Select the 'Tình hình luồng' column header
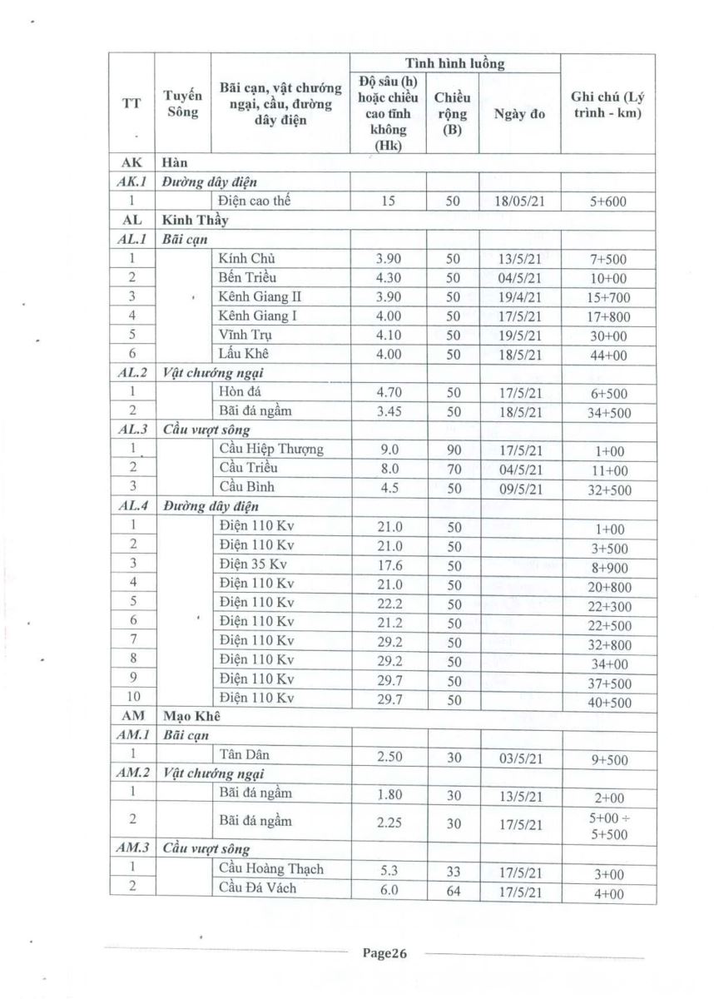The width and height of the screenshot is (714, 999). (454, 63)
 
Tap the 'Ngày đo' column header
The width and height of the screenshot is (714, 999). (519, 113)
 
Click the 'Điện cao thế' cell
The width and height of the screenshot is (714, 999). (254, 201)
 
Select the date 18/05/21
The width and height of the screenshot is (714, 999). (519, 201)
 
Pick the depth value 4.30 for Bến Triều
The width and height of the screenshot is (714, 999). (387, 277)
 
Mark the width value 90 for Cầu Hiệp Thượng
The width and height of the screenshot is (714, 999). (453, 450)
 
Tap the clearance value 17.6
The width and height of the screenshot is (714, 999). (387, 564)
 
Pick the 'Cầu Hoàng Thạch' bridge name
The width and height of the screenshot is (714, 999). (270, 869)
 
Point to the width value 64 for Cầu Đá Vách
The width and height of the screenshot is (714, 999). (453, 888)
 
